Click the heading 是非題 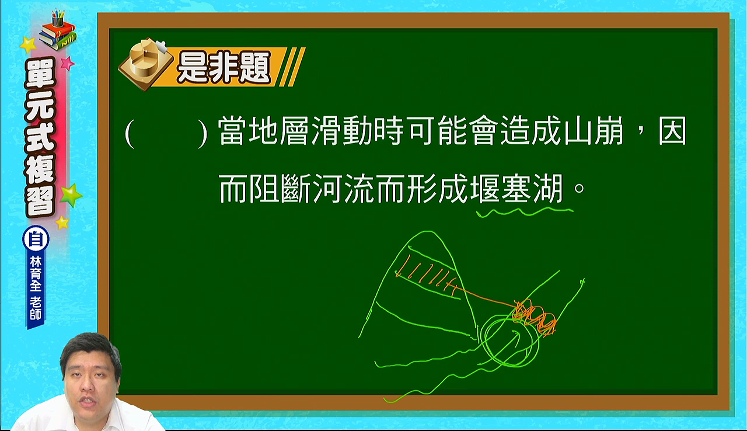click(x=224, y=67)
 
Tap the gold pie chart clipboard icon click(x=146, y=64)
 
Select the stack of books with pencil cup click(x=58, y=30)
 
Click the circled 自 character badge click(x=36, y=239)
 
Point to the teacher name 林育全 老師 click(x=36, y=288)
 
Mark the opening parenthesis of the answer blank click(x=130, y=133)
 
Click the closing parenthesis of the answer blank click(x=203, y=133)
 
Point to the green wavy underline click(x=525, y=212)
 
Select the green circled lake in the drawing click(x=511, y=341)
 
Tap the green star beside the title click(x=71, y=195)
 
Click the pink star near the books click(x=67, y=62)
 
